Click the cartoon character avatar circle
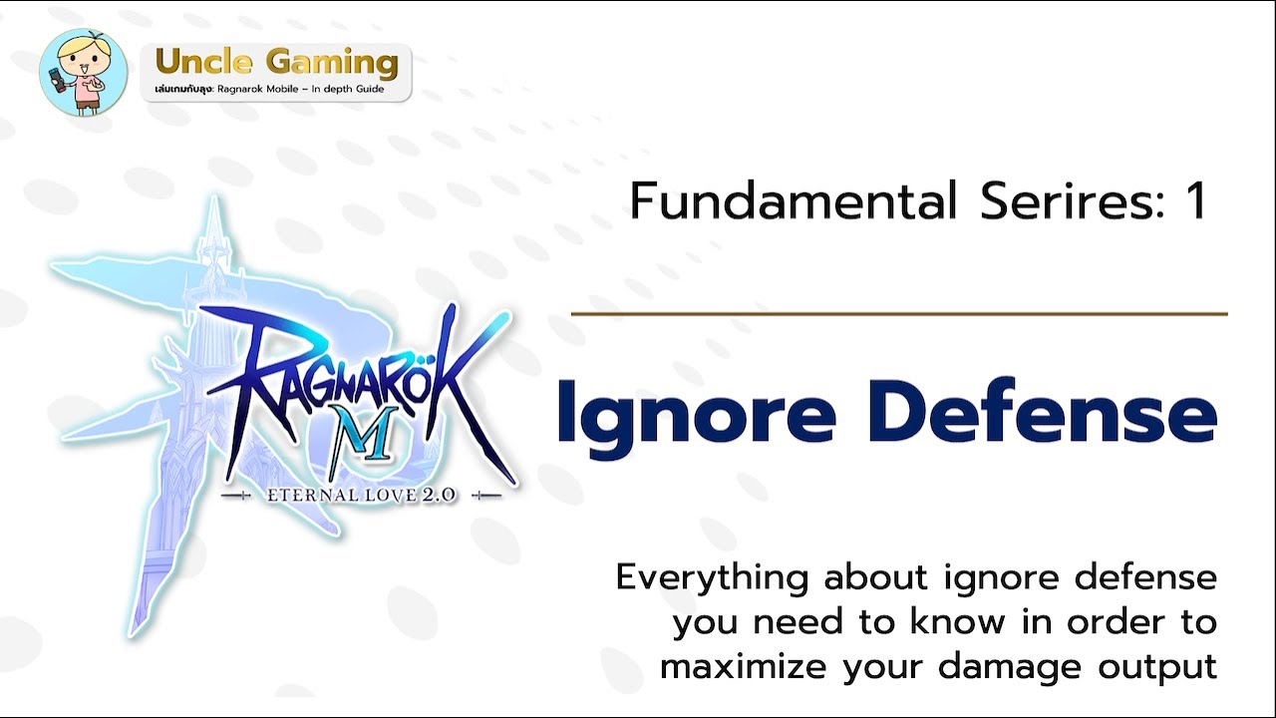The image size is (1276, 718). (x=83, y=73)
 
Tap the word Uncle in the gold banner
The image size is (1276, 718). (x=203, y=62)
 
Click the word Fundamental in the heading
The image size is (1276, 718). (x=794, y=200)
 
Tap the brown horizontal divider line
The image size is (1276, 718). (x=899, y=313)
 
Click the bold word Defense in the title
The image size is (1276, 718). (x=1042, y=410)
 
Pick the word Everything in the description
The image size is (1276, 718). (x=712, y=579)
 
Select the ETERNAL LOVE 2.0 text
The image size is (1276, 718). (x=361, y=496)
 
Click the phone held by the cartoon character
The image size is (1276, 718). (x=57, y=79)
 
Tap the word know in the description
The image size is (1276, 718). (x=957, y=622)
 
